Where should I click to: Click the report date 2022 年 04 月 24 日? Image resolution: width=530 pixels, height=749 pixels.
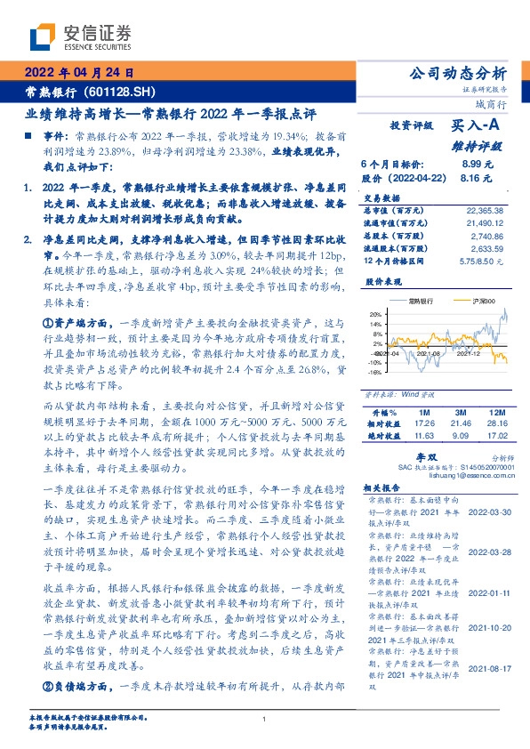(x=78, y=74)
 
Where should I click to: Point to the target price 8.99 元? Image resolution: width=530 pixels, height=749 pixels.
(x=477, y=165)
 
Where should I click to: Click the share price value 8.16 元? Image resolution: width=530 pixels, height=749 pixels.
(x=477, y=178)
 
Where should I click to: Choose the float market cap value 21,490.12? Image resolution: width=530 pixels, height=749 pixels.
(x=484, y=222)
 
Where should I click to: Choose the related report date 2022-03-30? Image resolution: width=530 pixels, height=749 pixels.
(x=486, y=513)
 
